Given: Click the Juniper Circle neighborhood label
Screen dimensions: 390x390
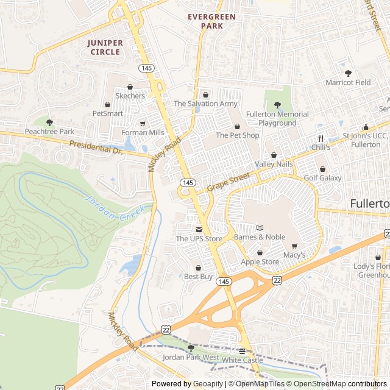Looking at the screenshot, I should (105, 48).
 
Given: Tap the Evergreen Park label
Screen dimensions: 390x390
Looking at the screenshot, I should (211, 21).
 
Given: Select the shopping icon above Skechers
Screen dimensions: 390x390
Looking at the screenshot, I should (130, 87).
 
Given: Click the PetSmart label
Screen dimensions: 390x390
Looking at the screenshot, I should (107, 113).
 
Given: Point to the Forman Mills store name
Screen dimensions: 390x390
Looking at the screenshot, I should (143, 132).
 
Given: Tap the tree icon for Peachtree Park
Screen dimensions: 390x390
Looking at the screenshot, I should (49, 122).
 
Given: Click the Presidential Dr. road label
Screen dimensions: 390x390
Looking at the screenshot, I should (96, 147).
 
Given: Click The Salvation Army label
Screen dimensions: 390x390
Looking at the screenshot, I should (205, 104).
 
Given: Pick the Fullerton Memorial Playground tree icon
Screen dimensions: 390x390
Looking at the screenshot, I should (277, 105).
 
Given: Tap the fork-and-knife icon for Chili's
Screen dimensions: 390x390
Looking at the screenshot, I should (321, 138).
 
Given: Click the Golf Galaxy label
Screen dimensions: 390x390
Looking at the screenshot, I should (322, 178).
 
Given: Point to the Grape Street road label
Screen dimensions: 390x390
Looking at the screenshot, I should (229, 182).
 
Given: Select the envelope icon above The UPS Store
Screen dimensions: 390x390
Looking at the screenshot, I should (199, 229).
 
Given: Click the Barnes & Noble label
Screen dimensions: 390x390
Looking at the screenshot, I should (259, 237).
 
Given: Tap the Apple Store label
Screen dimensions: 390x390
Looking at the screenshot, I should (260, 262).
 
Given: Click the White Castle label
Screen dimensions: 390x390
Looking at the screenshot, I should (242, 360).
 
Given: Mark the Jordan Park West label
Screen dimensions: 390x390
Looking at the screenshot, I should (191, 357).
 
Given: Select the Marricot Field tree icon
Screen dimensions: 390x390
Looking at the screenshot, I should (348, 73).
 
